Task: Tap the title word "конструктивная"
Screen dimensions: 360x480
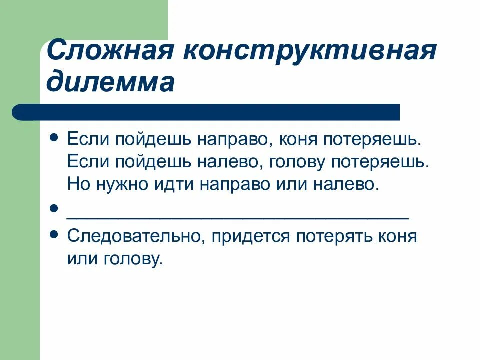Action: coord(315,51)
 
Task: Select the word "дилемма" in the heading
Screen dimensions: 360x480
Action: coord(110,82)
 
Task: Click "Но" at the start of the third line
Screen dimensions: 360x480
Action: coord(77,185)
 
